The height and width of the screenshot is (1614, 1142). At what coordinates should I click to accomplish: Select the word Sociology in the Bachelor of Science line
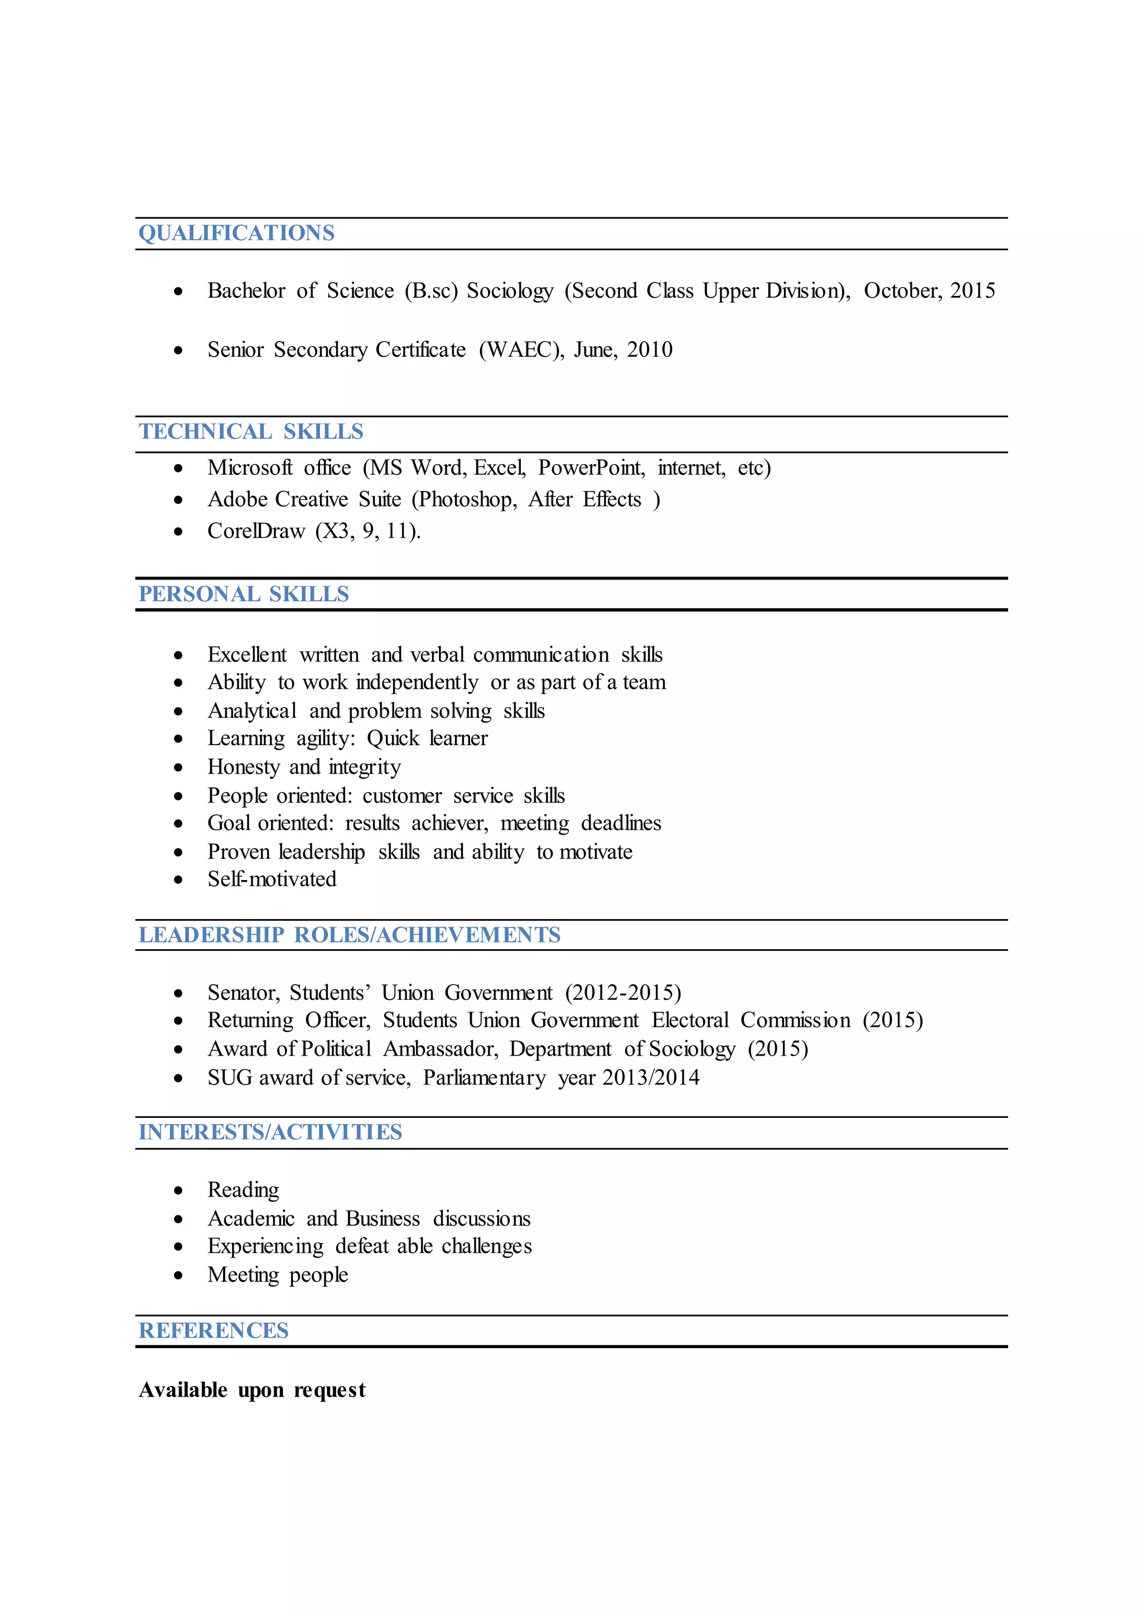(510, 291)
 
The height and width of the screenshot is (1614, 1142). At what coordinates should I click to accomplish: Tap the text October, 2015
(929, 291)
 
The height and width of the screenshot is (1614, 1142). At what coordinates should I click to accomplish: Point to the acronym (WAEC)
(521, 350)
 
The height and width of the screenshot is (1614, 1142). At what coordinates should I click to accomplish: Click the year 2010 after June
(650, 350)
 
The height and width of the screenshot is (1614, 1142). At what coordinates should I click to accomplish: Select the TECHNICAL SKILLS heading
(251, 431)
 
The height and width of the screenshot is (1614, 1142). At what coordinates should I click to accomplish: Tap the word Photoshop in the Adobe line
(466, 500)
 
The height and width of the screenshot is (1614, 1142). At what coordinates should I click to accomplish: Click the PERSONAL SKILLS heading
(243, 595)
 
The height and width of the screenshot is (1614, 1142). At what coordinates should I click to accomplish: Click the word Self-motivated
(272, 879)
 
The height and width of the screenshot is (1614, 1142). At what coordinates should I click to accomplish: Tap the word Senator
(243, 993)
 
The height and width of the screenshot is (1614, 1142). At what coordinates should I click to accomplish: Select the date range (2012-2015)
(623, 993)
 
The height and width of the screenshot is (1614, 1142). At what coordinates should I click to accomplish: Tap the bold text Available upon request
(251, 1391)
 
